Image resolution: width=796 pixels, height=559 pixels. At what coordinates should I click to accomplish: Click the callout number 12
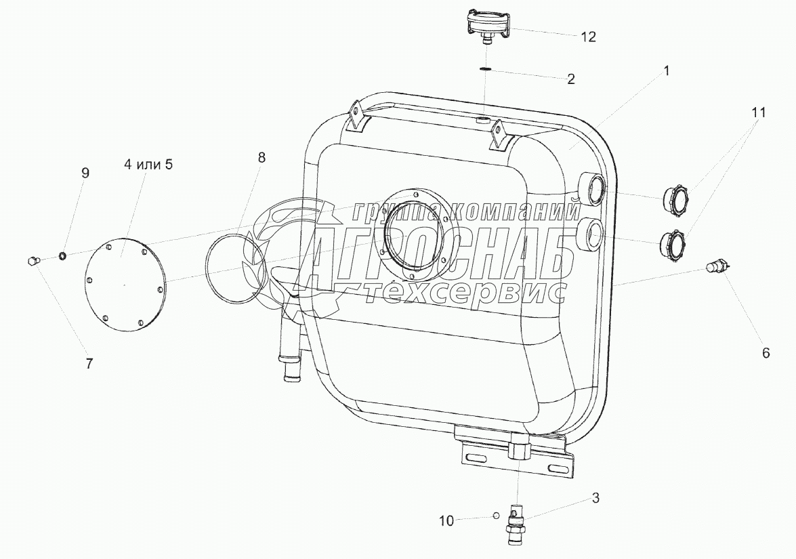[x=588, y=37]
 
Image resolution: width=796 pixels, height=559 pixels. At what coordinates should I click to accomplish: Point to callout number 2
[x=571, y=79]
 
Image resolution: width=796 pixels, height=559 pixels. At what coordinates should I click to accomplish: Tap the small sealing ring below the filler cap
[x=485, y=69]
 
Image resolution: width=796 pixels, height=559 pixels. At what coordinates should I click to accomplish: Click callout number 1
[x=667, y=70]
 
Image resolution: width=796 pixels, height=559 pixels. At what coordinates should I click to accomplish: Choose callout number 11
[x=758, y=112]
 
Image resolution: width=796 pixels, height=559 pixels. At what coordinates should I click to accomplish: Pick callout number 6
[x=766, y=353]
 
